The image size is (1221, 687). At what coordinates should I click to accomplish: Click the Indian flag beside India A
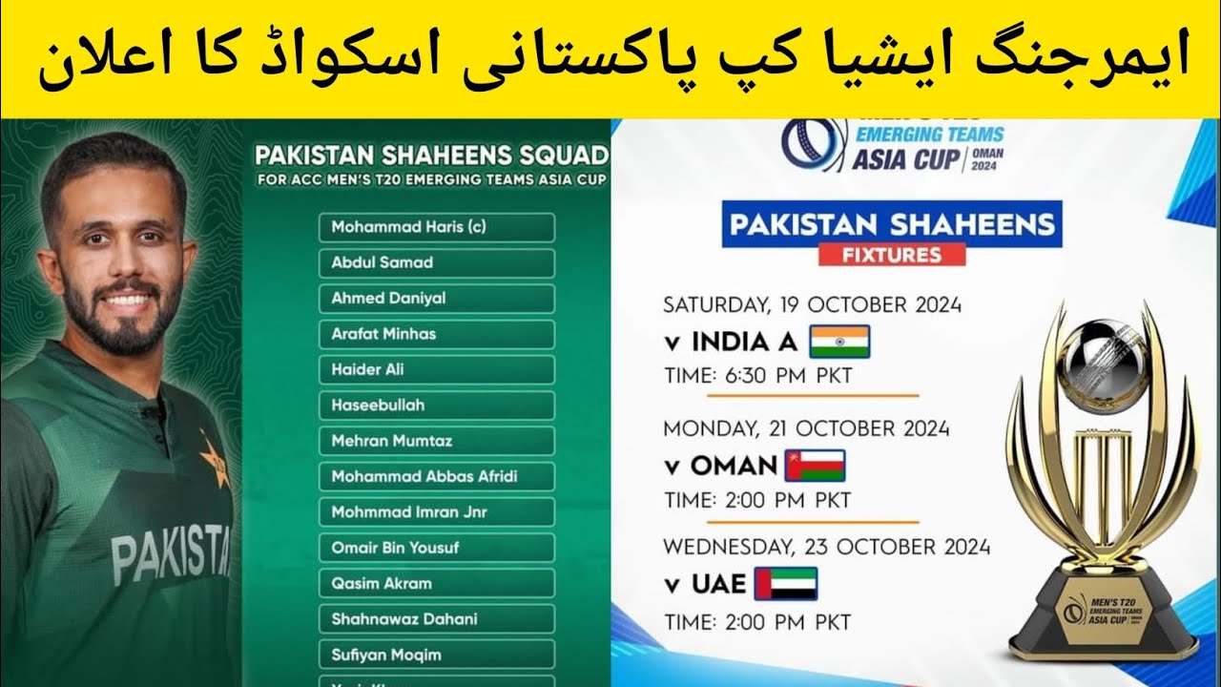pyautogui.click(x=839, y=342)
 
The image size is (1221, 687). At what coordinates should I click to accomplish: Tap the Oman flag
pyautogui.click(x=815, y=466)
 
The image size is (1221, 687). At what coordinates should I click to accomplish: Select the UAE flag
pyautogui.click(x=786, y=583)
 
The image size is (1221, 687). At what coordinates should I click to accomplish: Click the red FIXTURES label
pyautogui.click(x=891, y=255)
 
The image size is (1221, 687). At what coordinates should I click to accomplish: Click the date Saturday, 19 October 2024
pyautogui.click(x=812, y=305)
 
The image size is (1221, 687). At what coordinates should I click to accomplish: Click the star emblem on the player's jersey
pyautogui.click(x=214, y=457)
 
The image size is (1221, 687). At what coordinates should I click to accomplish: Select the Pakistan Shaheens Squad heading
pyautogui.click(x=431, y=155)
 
